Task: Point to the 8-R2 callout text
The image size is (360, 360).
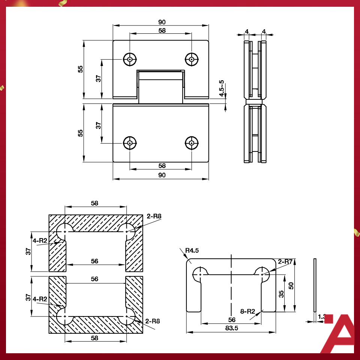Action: click(247, 311)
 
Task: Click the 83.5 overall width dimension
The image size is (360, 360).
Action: click(231, 328)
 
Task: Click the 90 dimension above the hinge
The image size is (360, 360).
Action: click(162, 22)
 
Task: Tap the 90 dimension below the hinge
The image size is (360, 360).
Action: click(162, 175)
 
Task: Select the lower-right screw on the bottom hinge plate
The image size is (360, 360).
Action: click(192, 143)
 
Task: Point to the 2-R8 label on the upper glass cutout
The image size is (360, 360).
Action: click(154, 216)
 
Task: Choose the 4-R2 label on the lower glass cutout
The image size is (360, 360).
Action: click(40, 299)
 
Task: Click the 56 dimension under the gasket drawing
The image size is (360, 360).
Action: click(232, 319)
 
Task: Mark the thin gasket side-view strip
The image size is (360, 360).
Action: click(315, 285)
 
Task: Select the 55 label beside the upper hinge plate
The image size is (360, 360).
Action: click(80, 69)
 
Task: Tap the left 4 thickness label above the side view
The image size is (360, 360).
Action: click(246, 31)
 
